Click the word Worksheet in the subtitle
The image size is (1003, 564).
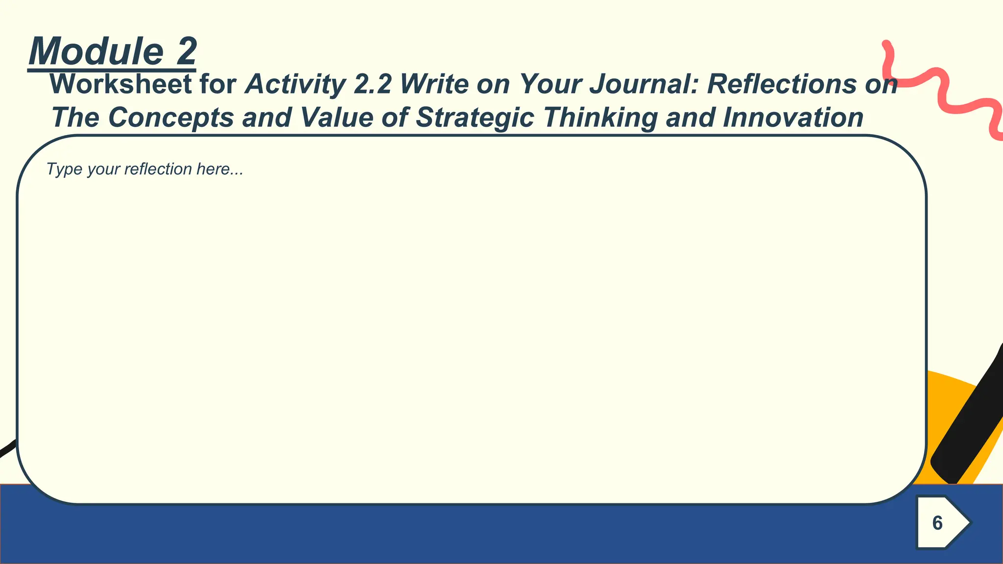(120, 84)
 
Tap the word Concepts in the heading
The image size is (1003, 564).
(170, 118)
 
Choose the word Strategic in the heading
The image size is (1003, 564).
(475, 118)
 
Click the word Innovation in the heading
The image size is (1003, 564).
(793, 118)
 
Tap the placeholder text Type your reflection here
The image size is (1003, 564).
(144, 169)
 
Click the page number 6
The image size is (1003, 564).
(937, 523)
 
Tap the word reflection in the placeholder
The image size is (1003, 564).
(158, 169)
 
